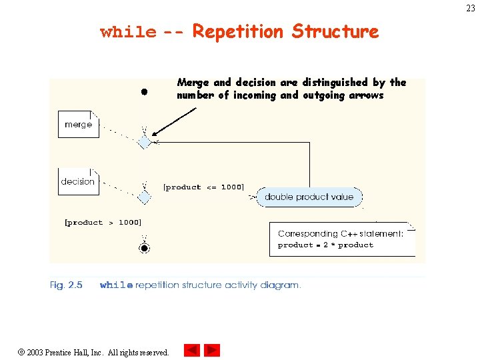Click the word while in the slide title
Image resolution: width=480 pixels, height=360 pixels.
pyautogui.click(x=128, y=32)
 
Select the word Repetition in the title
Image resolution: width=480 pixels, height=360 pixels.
pyautogui.click(x=239, y=31)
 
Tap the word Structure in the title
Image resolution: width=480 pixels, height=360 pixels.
pyautogui.click(x=335, y=31)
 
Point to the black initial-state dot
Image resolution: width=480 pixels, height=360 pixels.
pyautogui.click(x=143, y=91)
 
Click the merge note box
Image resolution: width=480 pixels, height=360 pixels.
pyautogui.click(x=78, y=124)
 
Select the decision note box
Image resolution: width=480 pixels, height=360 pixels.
pyautogui.click(x=78, y=181)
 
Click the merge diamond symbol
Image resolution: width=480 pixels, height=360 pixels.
pyautogui.click(x=144, y=142)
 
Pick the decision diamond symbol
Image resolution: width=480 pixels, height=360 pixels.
pyautogui.click(x=144, y=197)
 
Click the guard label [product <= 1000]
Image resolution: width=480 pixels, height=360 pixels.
pyautogui.click(x=203, y=187)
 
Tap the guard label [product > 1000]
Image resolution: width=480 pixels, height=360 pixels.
pyautogui.click(x=103, y=223)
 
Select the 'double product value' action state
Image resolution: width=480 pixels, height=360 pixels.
pyautogui.click(x=309, y=197)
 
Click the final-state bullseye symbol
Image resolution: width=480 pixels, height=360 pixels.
pyautogui.click(x=144, y=248)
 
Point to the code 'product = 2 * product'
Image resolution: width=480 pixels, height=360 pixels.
pyautogui.click(x=325, y=245)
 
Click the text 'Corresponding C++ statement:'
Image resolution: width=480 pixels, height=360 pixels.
pyautogui.click(x=340, y=234)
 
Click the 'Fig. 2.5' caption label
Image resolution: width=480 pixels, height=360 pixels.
pyautogui.click(x=66, y=285)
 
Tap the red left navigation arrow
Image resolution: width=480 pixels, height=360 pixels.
pyautogui.click(x=192, y=350)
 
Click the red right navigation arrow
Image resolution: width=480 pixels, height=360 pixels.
pyautogui.click(x=212, y=350)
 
